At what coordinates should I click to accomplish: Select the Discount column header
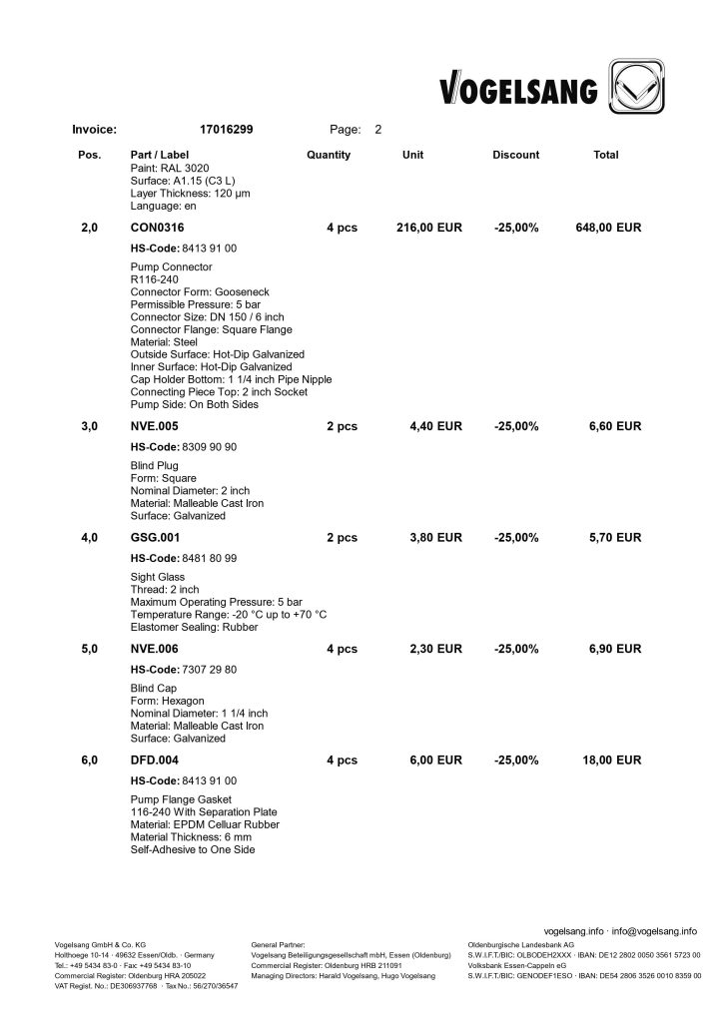(x=515, y=155)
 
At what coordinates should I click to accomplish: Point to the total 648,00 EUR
(x=608, y=229)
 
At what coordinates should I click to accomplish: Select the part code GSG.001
(x=156, y=538)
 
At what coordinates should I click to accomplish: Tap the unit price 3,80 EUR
(x=435, y=538)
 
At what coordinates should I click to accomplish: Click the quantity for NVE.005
(x=342, y=426)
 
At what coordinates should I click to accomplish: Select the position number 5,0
(x=89, y=649)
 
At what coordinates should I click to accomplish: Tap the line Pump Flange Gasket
(x=181, y=800)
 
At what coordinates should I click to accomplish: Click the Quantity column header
(x=329, y=155)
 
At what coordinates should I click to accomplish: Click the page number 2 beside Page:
(x=377, y=129)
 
